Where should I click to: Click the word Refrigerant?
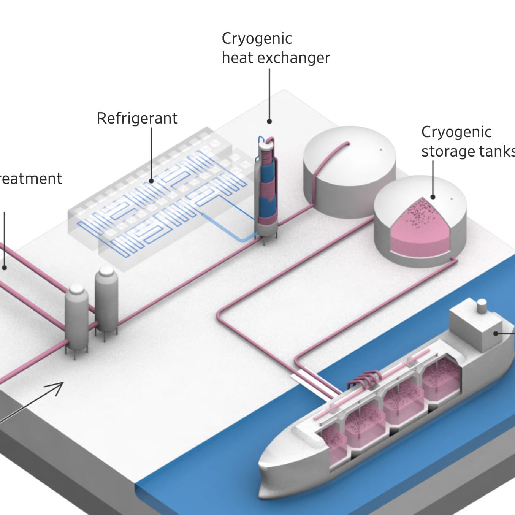tap(137, 118)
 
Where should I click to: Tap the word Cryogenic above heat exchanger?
tap(257, 39)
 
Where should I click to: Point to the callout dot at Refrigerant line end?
tap(151, 181)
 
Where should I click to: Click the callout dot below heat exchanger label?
tap(269, 122)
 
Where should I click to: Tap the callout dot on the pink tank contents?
tap(433, 197)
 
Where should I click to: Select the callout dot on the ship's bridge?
tap(496, 333)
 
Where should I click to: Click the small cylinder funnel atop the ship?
tap(482, 306)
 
